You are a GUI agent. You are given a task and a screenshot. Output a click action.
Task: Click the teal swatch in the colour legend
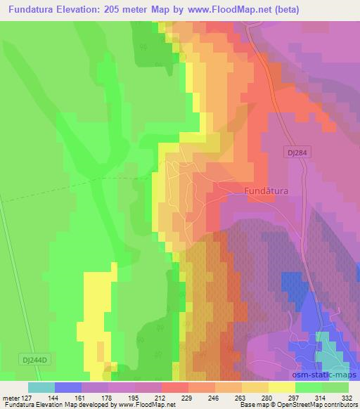pyautogui.click(x=41, y=387)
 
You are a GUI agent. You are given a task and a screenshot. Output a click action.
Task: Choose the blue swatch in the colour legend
pyautogui.click(x=67, y=387)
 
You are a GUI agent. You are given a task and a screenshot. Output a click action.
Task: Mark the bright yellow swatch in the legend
pyautogui.click(x=282, y=387)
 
